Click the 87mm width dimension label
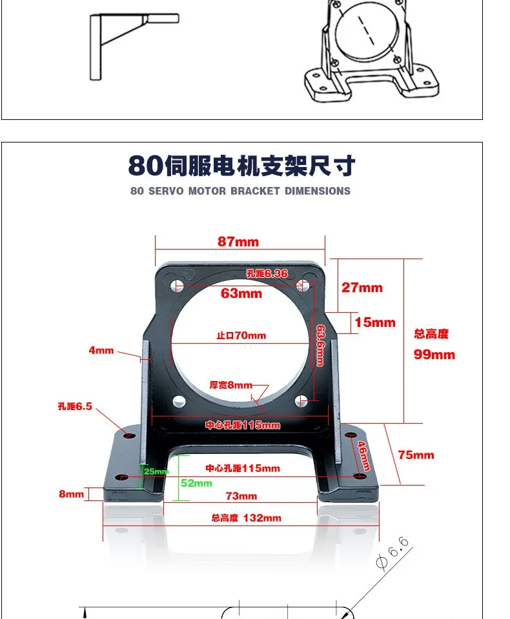click(x=238, y=242)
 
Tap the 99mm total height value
click(x=434, y=355)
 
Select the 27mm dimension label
click(x=362, y=288)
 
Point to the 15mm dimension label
click(x=375, y=322)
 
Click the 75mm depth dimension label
click(x=416, y=455)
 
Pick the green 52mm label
click(x=196, y=483)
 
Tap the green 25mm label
click(x=156, y=471)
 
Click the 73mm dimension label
click(x=241, y=496)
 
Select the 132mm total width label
click(x=246, y=518)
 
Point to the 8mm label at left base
click(x=72, y=494)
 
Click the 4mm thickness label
click(x=101, y=351)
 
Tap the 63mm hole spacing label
click(x=241, y=293)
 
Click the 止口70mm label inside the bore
click(x=241, y=335)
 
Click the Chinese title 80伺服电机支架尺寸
click(x=241, y=166)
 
